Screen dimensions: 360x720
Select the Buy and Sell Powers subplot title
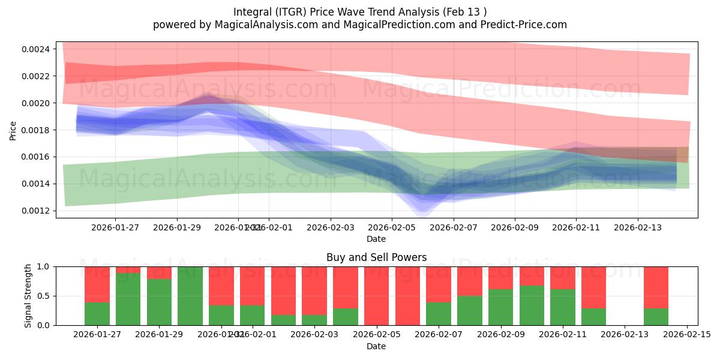[376, 257]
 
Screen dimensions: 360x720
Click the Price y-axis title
[13, 130]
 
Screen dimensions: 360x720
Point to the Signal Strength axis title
[28, 296]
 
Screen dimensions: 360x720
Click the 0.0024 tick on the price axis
[38, 49]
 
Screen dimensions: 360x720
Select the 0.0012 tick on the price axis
[38, 211]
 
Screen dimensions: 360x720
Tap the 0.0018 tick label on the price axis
[38, 130]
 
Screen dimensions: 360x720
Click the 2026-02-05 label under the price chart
[392, 227]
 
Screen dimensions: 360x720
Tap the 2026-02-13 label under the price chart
[637, 227]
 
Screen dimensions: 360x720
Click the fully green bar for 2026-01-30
[190, 296]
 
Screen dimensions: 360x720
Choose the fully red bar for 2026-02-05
[376, 296]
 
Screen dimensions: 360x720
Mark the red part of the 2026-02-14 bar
[656, 287]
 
